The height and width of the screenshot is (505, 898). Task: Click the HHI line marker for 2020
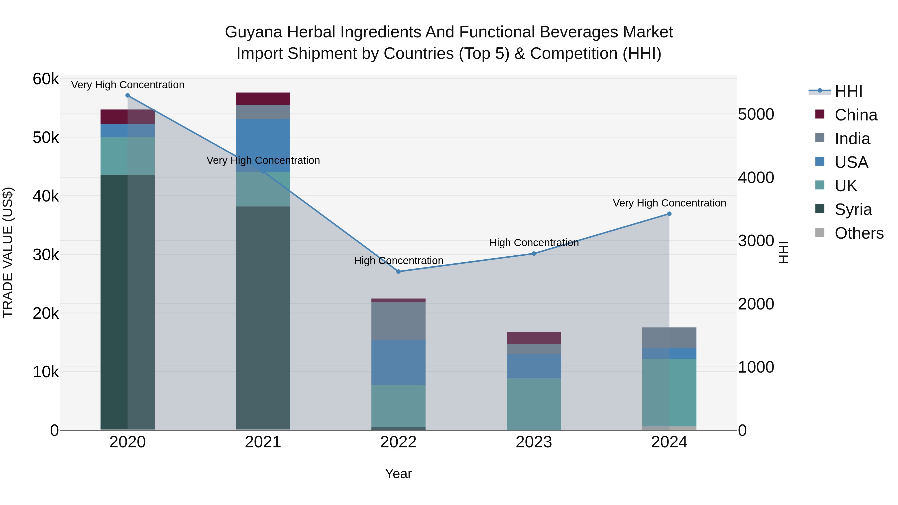coord(127,96)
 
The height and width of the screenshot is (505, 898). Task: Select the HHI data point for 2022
coord(398,272)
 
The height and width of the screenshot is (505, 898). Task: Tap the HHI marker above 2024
coord(669,214)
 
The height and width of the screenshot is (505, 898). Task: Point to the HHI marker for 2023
coord(534,254)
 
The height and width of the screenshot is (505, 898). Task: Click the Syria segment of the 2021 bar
coord(263,317)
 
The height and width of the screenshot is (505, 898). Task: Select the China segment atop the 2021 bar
coord(263,99)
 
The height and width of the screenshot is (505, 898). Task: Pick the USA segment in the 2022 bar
coord(398,362)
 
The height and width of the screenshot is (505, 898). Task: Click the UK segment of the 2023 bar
coord(534,404)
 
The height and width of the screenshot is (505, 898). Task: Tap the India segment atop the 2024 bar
coord(669,338)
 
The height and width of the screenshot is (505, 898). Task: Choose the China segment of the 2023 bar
coord(534,338)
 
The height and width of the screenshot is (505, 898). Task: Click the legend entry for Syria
coord(853,209)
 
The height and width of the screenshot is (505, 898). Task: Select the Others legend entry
coord(859,233)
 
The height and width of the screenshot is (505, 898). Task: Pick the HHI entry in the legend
coord(848,91)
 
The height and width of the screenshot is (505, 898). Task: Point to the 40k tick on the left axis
coord(46,196)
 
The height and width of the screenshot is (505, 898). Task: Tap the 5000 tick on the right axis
coord(756,114)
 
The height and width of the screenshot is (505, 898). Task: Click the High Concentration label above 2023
coord(534,243)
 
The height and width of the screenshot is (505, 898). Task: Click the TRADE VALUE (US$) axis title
coord(8,252)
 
